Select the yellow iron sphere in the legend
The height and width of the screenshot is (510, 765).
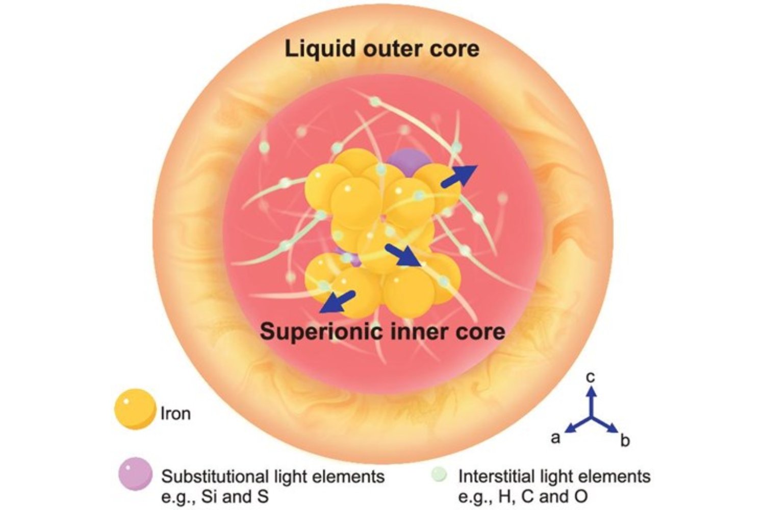(134, 409)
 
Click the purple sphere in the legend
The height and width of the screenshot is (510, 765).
(135, 474)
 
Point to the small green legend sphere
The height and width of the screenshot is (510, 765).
(438, 475)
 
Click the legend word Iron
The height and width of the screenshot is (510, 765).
(175, 413)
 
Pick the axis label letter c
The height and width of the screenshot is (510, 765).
(591, 377)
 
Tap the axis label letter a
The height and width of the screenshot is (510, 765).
(556, 437)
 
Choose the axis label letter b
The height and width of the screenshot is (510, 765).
(625, 441)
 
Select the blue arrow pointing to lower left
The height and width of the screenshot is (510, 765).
(337, 301)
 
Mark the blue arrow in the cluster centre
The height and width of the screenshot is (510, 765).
(402, 254)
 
